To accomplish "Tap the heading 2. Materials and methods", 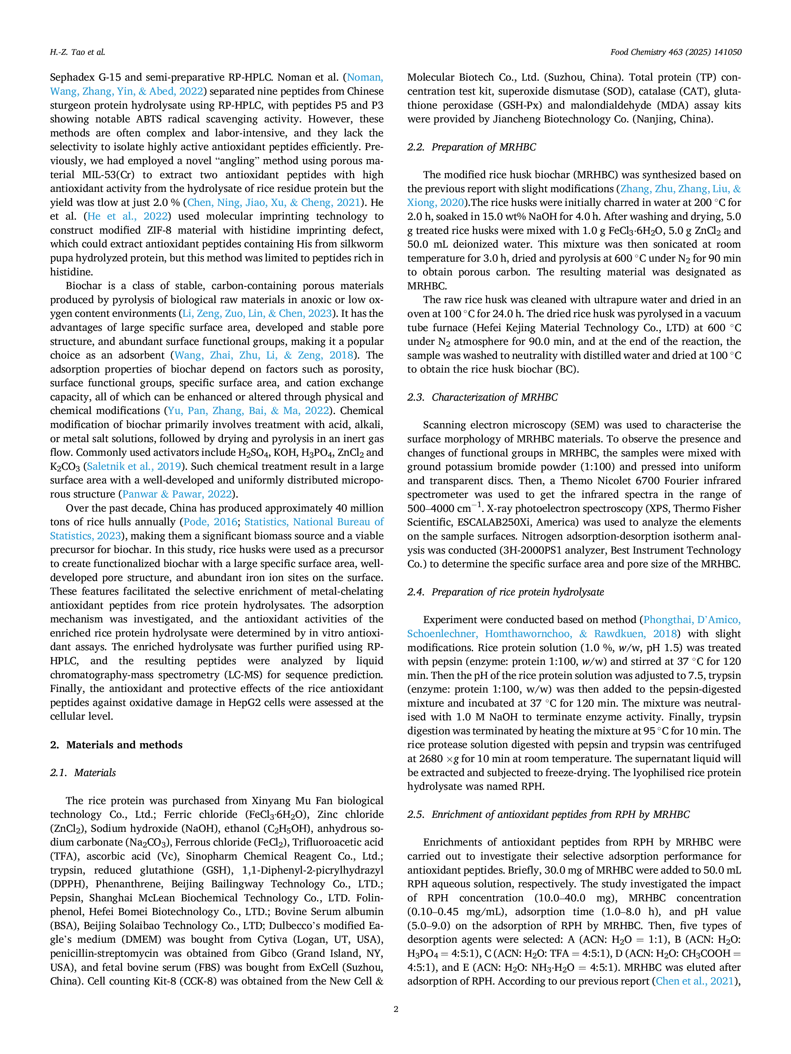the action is click(116, 745).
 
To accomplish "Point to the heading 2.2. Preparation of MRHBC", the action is click(471, 147).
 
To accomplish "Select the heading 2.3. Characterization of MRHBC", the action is click(483, 397).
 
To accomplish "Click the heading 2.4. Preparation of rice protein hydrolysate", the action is click(506, 592).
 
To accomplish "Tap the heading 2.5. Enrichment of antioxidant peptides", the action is click(548, 814).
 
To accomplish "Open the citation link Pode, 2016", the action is click(210, 522).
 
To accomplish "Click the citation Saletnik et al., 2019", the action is click(134, 467).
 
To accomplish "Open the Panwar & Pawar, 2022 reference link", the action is click(177, 494).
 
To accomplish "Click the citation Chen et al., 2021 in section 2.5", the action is click(694, 981).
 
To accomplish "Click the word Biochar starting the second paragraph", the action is click(84, 286).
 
